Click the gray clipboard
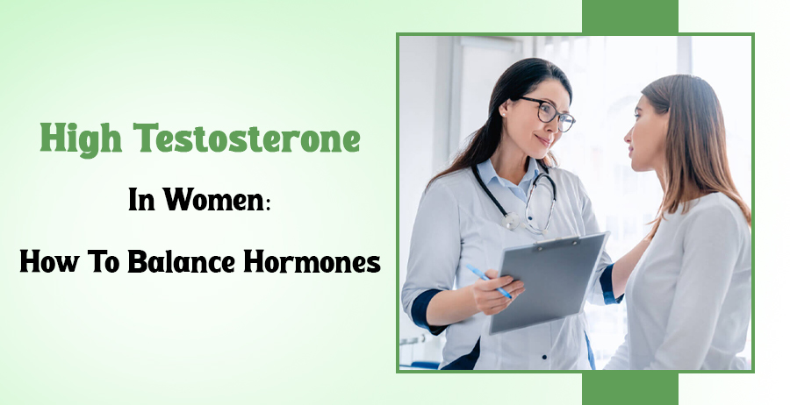point(549,281)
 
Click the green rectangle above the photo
point(629,17)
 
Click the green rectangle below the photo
point(629,388)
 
